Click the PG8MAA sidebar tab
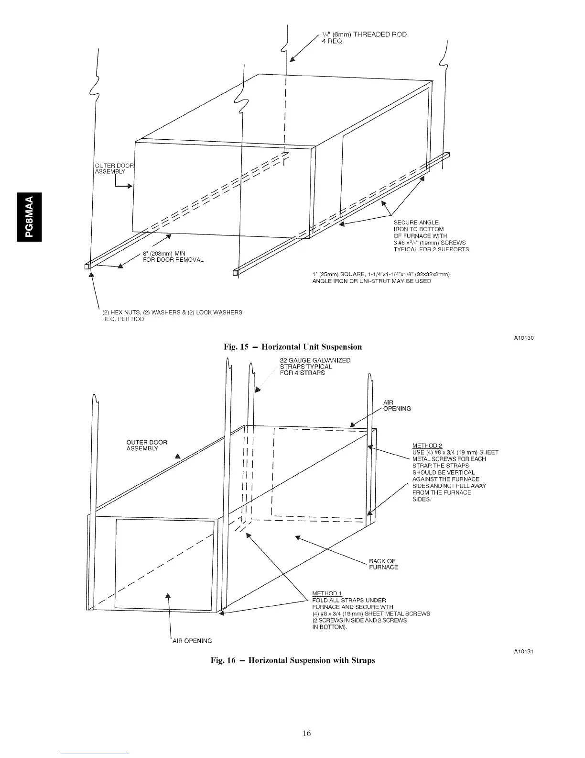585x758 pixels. point(30,216)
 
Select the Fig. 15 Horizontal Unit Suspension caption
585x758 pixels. point(292,347)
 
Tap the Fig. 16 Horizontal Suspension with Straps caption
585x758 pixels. point(292,660)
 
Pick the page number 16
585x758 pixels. point(306,733)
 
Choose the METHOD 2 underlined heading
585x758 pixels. point(427,446)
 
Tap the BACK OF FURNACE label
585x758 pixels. point(383,564)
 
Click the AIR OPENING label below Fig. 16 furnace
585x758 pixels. point(191,641)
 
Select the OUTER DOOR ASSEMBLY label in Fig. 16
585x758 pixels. point(147,446)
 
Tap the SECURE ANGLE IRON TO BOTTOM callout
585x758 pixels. point(431,235)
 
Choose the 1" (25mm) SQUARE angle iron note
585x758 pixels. point(381,278)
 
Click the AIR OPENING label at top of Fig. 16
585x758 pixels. point(397,405)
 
